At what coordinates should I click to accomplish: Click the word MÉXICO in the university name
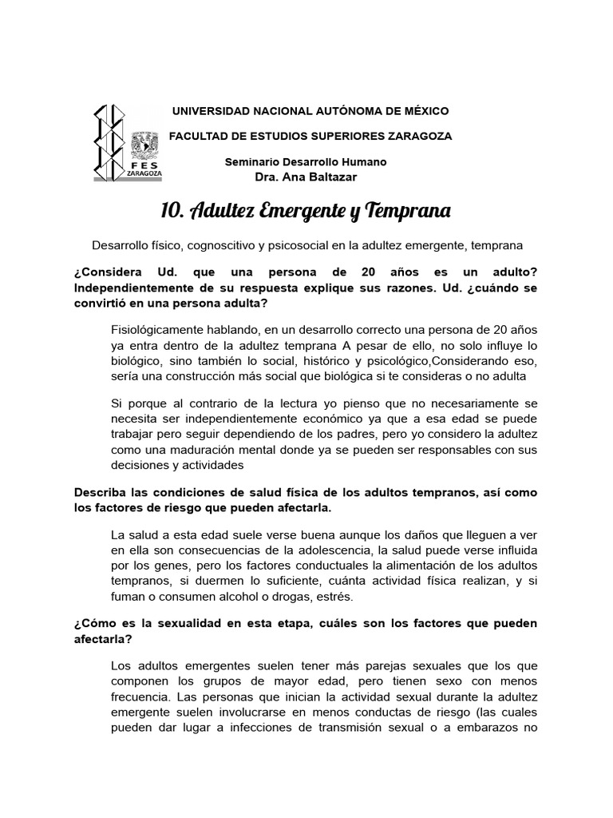coord(425,110)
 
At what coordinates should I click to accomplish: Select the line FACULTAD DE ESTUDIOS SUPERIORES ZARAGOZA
coord(310,136)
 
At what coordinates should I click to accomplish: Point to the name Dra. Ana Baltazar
coord(306,176)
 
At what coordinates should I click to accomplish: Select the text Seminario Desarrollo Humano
coord(306,161)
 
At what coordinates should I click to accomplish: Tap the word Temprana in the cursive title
coord(409,210)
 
